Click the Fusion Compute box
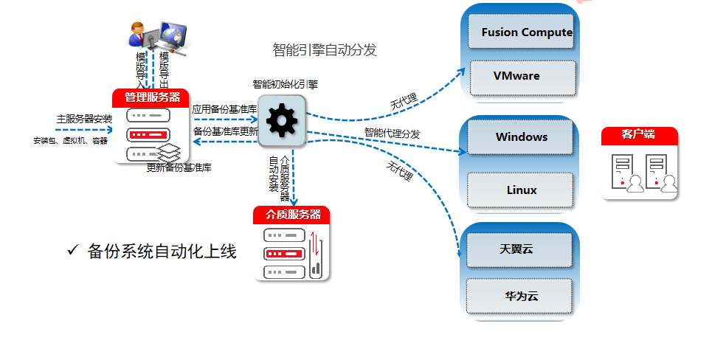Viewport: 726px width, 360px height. (x=522, y=32)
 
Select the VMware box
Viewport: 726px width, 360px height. (x=522, y=76)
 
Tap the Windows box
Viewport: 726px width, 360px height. (x=522, y=137)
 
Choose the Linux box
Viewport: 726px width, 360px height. (x=522, y=190)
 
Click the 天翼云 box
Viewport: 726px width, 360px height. (x=519, y=250)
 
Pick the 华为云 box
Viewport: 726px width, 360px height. (x=521, y=296)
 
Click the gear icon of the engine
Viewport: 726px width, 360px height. (x=281, y=120)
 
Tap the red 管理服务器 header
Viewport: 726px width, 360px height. (x=152, y=97)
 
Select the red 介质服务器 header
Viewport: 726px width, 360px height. (x=291, y=215)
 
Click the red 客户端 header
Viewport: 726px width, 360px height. (x=639, y=135)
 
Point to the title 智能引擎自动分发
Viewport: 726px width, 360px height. (x=325, y=50)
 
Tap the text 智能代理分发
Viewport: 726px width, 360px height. (x=392, y=134)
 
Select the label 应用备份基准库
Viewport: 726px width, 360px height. (x=224, y=109)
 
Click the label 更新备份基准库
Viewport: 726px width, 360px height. (x=179, y=167)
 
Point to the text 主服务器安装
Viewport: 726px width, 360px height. (x=84, y=118)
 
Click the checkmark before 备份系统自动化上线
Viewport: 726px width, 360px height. (x=72, y=251)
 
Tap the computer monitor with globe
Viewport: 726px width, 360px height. (x=172, y=35)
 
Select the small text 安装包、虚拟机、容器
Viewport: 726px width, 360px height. (x=70, y=140)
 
